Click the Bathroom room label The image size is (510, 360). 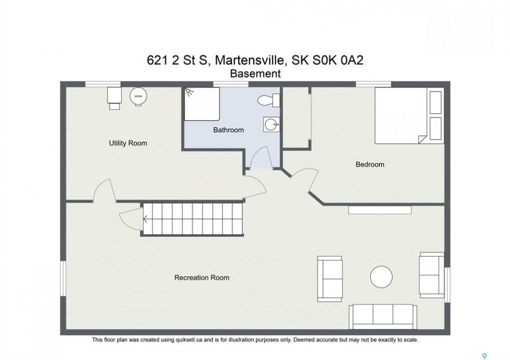click(228, 130)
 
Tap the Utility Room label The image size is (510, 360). click(128, 143)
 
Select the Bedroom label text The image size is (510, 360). click(370, 164)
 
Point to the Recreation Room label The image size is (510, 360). click(202, 277)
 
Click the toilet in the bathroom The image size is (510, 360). click(269, 100)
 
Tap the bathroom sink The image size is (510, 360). click(272, 124)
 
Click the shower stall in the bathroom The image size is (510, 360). click(202, 104)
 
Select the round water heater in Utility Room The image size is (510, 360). click(138, 96)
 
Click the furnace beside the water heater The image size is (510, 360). click(114, 98)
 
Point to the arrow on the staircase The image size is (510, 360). click(145, 219)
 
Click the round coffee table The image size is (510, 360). click(381, 277)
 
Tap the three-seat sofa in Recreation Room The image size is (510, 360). click(383, 317)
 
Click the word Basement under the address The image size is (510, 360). click(255, 73)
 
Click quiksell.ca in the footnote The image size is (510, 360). click(188, 340)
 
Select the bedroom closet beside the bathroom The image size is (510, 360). click(296, 117)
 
